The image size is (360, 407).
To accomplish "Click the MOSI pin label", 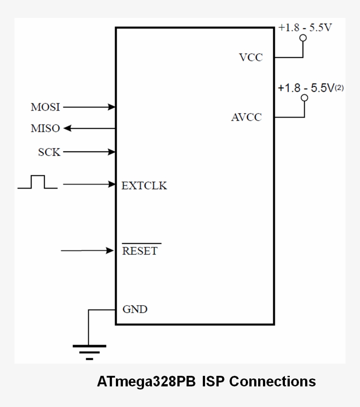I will pos(45,107).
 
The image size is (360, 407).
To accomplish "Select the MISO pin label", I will pos(45,129).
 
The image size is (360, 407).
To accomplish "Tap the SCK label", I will pos(49,152).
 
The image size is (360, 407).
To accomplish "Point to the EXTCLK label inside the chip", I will pos(144,186).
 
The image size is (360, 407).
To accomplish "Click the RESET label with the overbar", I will pos(140,251).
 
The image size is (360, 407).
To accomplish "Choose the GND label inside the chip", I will pos(135,309).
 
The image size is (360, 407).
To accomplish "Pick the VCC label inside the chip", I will pos(251,57).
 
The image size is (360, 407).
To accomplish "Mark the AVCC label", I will pos(246,118).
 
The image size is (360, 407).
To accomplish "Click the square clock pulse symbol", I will pos(38,182).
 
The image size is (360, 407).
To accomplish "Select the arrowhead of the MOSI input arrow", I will pos(112,107).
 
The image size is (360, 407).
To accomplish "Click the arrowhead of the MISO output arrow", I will pos(68,129).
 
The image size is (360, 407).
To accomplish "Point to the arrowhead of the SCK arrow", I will pos(112,152).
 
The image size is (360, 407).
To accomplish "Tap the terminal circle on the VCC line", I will pos(302,38).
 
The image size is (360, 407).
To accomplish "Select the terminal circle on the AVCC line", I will pos(304,98).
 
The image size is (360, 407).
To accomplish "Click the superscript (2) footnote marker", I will pos(339,88).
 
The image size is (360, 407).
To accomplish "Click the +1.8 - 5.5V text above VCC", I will pos(305,28).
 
